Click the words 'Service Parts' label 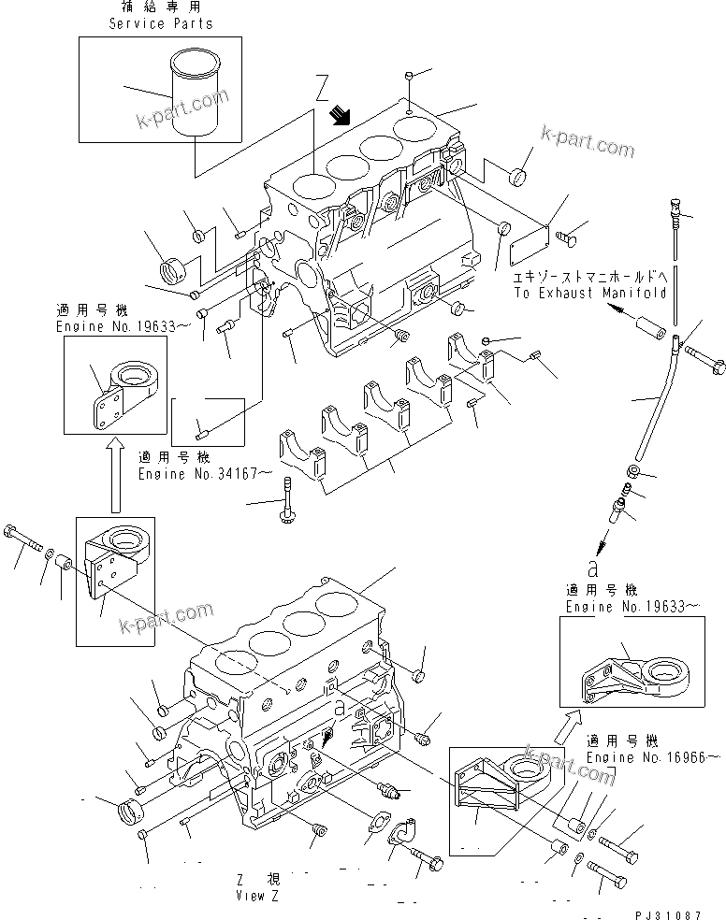click(160, 23)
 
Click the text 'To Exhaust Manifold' click(589, 293)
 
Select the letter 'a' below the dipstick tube click(591, 567)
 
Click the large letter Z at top click(322, 91)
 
